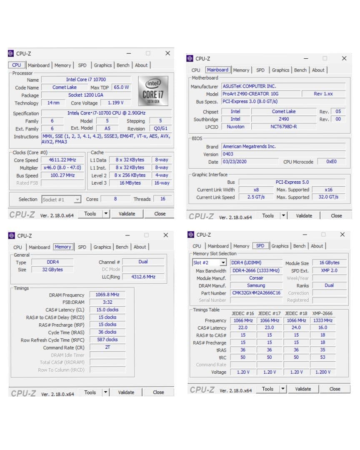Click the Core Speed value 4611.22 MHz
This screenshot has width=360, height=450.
click(x=62, y=160)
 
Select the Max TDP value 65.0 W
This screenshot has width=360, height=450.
click(x=121, y=87)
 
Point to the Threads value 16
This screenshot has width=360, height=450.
click(x=162, y=199)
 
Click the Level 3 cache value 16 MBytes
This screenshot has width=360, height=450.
click(x=130, y=183)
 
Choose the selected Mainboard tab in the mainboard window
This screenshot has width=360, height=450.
click(x=217, y=70)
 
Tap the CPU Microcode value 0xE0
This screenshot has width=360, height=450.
click(x=331, y=162)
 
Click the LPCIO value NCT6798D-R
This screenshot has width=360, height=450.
click(x=284, y=127)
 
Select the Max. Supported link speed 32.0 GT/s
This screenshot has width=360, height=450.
click(x=328, y=197)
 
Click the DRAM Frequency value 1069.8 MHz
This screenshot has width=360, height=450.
click(x=107, y=295)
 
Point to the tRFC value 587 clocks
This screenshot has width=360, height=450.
click(x=107, y=340)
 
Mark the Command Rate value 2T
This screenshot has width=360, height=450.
click(x=107, y=347)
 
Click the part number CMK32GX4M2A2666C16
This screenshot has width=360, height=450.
click(x=256, y=293)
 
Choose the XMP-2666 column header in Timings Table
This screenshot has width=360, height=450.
click(x=322, y=313)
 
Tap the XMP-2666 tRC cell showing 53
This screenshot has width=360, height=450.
click(x=322, y=357)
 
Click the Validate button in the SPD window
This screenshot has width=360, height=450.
click(x=303, y=389)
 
